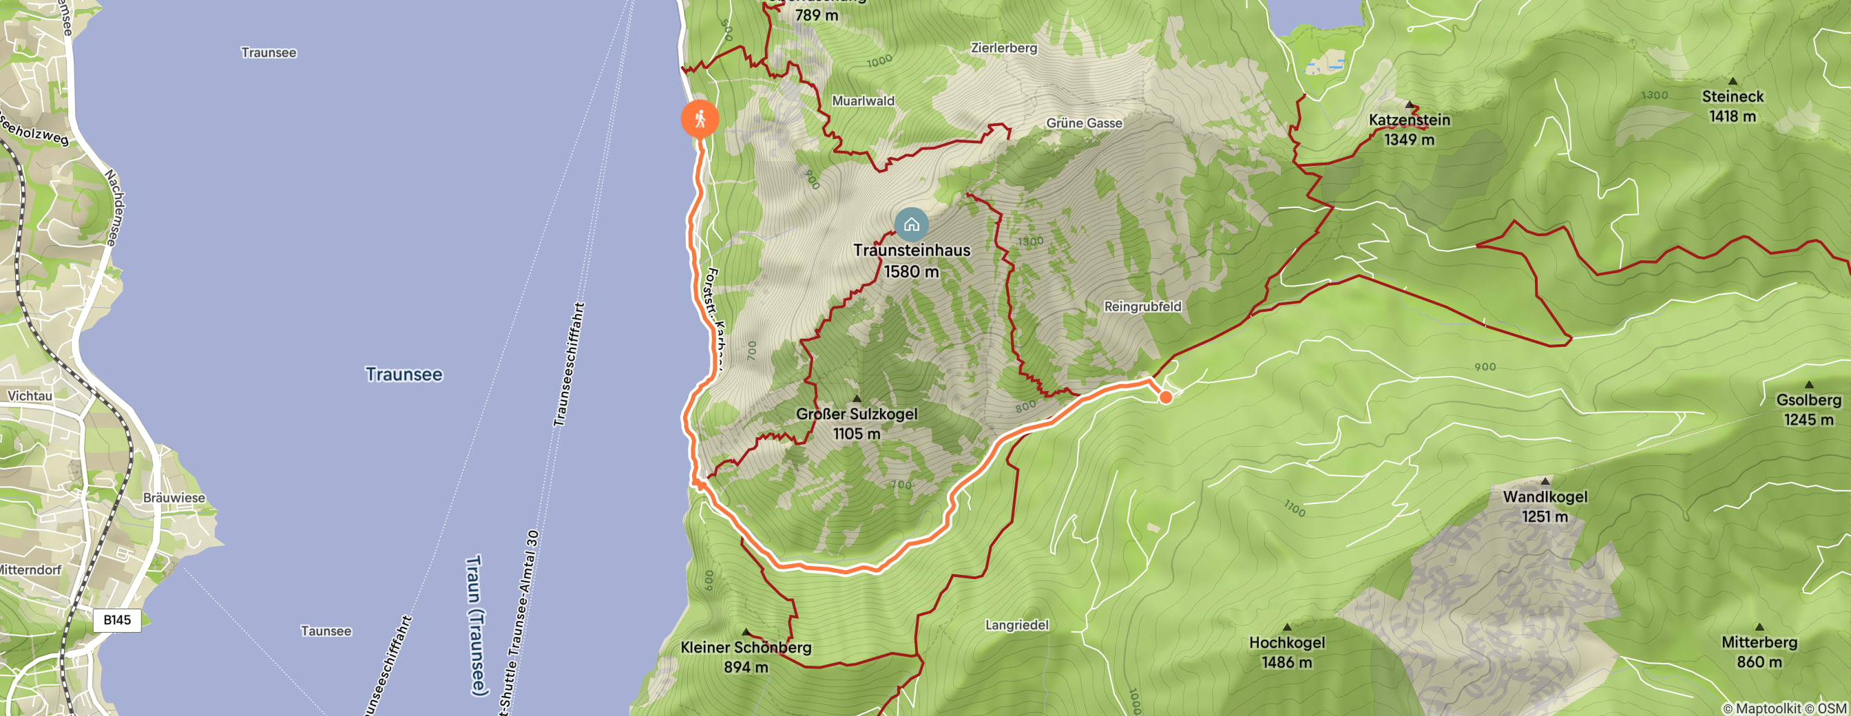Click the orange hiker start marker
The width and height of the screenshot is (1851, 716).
pos(699,119)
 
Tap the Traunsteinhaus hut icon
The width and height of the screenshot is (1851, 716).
pos(911,224)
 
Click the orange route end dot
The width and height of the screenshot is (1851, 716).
pos(1166,397)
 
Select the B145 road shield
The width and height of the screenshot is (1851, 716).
pos(117,620)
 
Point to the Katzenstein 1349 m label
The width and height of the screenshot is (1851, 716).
pos(1409,129)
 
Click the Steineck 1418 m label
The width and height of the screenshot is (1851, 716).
pos(1732,105)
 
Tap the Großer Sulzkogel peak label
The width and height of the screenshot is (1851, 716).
pos(857,423)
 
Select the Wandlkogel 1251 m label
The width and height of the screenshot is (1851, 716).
pos(1545,505)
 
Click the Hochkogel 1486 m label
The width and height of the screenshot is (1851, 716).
pos(1286,652)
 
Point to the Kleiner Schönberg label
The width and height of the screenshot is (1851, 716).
pos(746,656)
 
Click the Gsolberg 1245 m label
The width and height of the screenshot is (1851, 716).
pos(1808,410)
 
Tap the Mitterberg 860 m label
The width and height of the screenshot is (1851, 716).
pos(1759,651)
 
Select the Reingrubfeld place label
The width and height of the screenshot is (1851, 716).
pos(1142,306)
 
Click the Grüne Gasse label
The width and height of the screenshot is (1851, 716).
pos(1084,123)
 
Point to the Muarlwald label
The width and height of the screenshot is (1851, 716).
pos(863,101)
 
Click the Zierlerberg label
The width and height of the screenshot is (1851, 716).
pos(1004,48)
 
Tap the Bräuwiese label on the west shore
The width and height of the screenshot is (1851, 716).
pos(174,498)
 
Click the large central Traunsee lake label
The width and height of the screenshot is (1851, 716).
pos(404,374)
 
